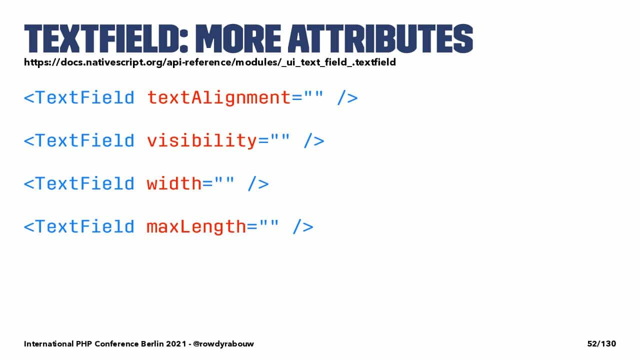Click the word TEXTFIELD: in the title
(106, 38)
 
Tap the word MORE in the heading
(238, 38)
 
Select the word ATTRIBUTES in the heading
(380, 38)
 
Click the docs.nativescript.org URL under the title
(210, 62)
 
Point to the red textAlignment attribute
(219, 98)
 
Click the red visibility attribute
(202, 141)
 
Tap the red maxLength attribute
(196, 227)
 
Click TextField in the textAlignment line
(85, 97)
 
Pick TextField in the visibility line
(85, 140)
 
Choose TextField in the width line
(85, 183)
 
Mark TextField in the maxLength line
(85, 226)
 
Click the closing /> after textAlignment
(347, 98)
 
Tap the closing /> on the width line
(258, 183)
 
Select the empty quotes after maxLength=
(268, 223)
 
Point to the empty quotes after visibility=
(280, 137)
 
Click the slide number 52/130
(601, 343)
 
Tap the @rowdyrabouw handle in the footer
(223, 343)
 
